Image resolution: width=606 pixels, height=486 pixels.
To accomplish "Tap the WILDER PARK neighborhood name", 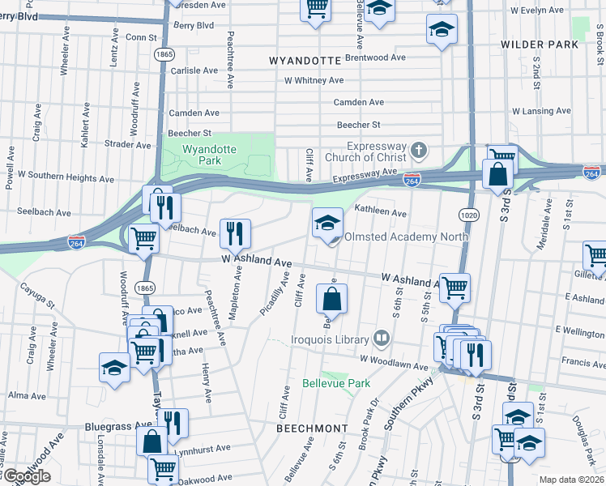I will pos(540,45).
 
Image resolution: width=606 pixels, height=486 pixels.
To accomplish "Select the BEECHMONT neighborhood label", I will pos(312,427).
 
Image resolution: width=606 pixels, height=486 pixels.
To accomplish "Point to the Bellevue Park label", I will pos(335,382).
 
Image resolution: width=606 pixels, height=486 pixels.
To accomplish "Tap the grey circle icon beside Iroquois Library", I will pos(382,338).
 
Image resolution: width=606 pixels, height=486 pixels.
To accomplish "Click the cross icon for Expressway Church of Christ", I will pos(418,150).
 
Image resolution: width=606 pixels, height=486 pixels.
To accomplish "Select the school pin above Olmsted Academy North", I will pos(326,224).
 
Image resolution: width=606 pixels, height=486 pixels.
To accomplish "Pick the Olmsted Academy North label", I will pos(406,237).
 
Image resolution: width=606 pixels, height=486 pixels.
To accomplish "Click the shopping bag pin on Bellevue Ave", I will pos(332,300).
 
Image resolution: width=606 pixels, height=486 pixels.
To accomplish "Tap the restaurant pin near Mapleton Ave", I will pos(235,233).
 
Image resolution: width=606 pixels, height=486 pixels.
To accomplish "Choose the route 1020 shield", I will pos(468,215).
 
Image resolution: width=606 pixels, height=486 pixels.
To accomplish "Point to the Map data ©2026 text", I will pos(571,480).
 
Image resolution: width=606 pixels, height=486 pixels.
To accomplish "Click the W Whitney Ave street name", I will pos(314,80).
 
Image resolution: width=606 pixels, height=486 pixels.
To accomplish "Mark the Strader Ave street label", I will pos(128,145).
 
